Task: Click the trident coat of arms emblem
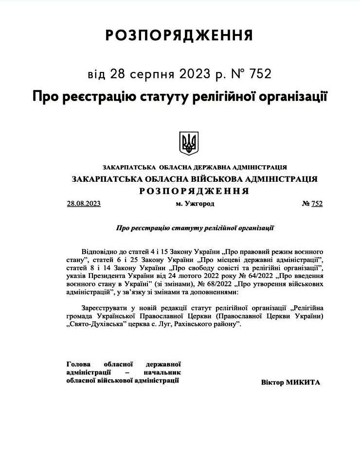click(x=189, y=143)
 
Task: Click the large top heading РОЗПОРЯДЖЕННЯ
click(x=179, y=35)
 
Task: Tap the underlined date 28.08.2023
click(x=84, y=204)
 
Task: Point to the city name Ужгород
click(x=198, y=204)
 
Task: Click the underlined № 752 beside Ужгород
click(x=312, y=204)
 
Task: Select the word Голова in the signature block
click(x=78, y=364)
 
